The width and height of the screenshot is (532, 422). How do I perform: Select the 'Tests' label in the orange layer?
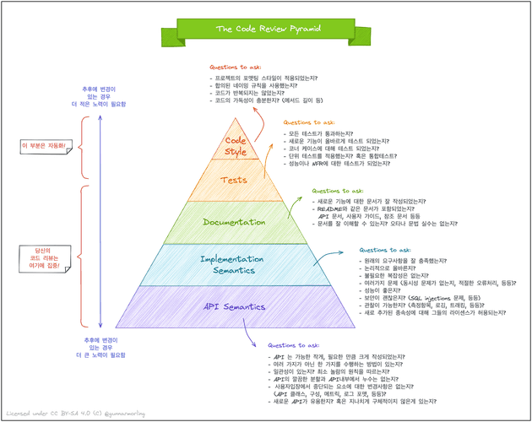pyautogui.click(x=234, y=180)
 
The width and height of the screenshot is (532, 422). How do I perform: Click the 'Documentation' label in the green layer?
pyautogui.click(x=233, y=222)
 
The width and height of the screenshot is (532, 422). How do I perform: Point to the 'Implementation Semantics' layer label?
pyautogui.click(x=234, y=264)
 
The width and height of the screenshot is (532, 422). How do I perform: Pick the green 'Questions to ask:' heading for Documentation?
pyautogui.click(x=338, y=191)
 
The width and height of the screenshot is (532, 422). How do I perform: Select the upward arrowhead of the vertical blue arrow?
pyautogui.click(x=100, y=112)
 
